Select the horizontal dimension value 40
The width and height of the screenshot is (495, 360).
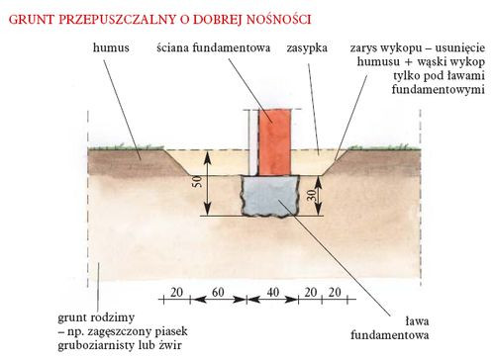click(x=272, y=296)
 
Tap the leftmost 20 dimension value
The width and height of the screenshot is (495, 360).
click(x=174, y=296)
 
